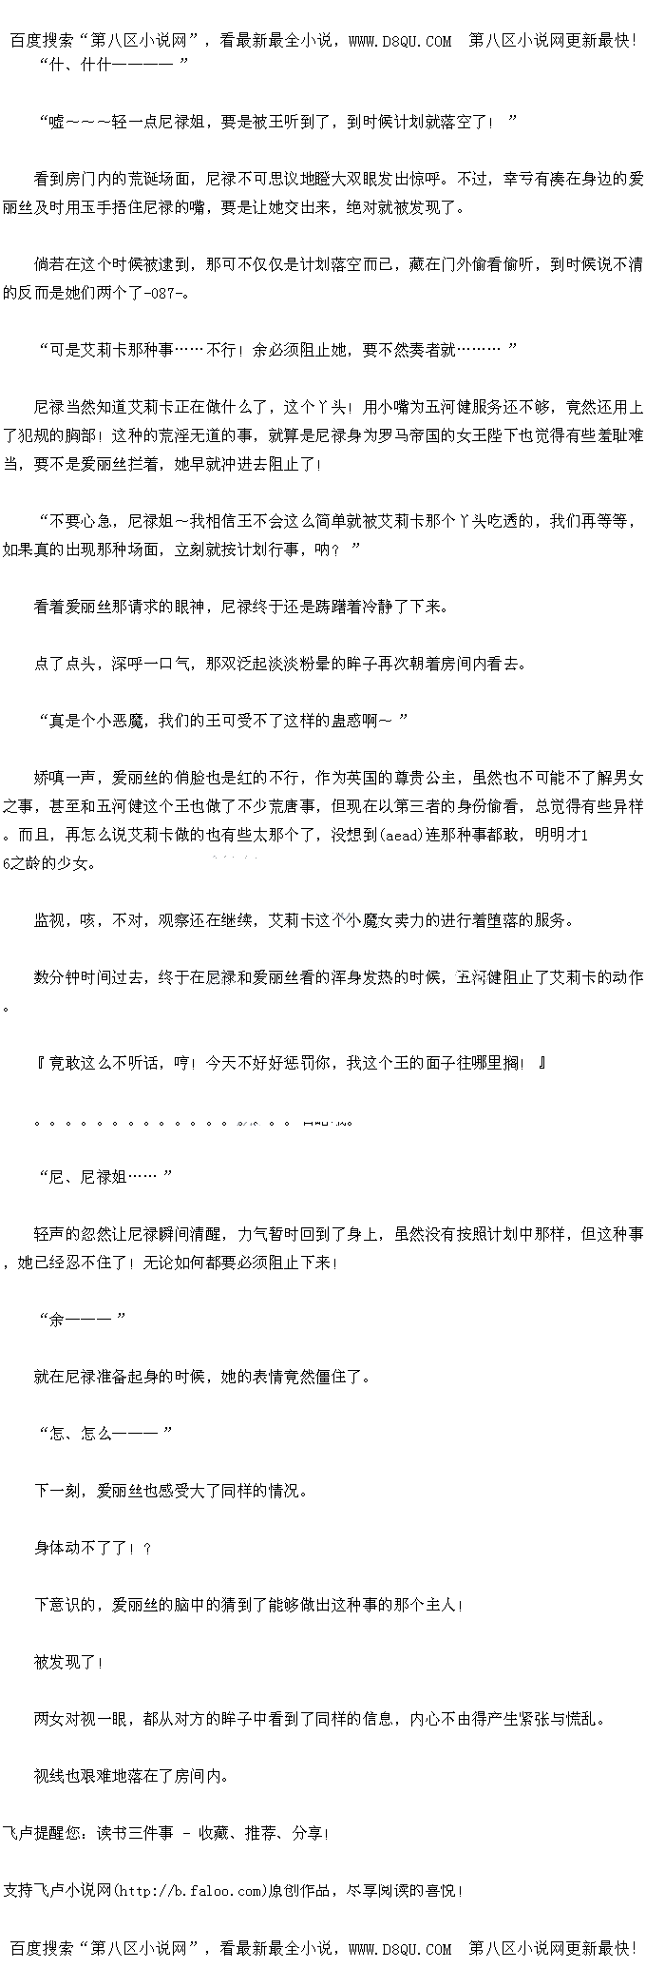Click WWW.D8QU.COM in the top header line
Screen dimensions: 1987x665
click(400, 40)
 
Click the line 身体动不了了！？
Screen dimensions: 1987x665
click(93, 1548)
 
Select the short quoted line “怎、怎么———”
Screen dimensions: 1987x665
click(104, 1434)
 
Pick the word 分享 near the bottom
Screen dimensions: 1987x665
click(307, 1833)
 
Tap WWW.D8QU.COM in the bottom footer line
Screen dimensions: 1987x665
click(400, 1949)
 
